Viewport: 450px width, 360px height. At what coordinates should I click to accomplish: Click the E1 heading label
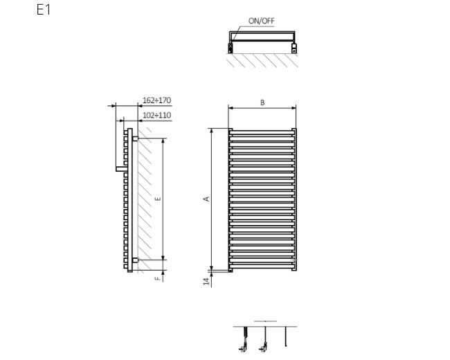click(44, 10)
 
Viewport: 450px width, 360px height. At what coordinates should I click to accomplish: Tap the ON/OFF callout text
click(261, 21)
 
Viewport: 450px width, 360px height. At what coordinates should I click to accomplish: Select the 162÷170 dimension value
click(156, 100)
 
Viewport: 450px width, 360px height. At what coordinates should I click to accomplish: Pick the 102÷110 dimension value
click(156, 116)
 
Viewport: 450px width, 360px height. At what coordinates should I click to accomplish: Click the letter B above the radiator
click(262, 102)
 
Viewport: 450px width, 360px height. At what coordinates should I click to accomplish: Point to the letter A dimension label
click(206, 199)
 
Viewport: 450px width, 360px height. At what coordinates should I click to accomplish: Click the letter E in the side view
click(158, 199)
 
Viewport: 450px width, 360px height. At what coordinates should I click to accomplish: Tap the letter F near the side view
click(158, 278)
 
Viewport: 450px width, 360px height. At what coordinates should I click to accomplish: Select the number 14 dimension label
click(206, 281)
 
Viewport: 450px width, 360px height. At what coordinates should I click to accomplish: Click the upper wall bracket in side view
click(135, 139)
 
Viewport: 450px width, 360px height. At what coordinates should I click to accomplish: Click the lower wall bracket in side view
click(135, 260)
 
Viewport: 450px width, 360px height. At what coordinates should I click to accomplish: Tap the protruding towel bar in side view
click(120, 169)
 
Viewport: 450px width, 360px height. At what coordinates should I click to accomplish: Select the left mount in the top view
click(230, 48)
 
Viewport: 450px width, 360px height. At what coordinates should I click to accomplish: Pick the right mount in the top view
click(294, 48)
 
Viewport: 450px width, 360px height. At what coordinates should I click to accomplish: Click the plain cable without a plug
click(285, 336)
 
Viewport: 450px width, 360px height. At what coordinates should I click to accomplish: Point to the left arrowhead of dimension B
click(231, 108)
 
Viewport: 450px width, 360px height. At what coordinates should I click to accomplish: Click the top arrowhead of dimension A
click(212, 131)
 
